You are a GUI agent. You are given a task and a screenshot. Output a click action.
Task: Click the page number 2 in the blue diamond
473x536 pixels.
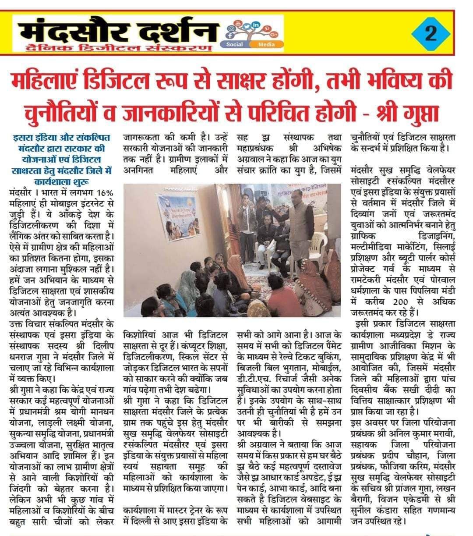click(431, 34)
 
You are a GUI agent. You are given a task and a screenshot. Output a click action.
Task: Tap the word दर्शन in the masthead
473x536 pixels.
click(173, 30)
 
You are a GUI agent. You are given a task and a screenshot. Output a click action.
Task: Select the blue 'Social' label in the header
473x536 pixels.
click(235, 44)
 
